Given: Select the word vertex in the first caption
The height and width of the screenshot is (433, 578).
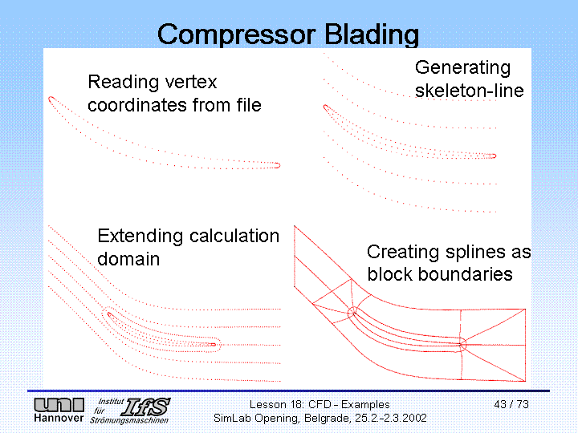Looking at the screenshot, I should coord(189,82).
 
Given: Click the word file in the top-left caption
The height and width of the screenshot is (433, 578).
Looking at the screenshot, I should coord(246,105).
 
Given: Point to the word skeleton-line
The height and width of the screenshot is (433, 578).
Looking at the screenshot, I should coord(469,91).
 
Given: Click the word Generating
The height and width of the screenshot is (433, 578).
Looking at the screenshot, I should coord(462,67).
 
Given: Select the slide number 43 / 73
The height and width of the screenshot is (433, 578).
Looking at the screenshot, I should coord(511,404).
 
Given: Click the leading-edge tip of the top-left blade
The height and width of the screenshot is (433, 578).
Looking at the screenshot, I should coord(50,99).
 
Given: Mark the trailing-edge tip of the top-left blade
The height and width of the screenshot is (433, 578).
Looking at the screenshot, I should coord(279,165).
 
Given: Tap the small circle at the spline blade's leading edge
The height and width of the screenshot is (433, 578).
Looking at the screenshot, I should coord(352,312).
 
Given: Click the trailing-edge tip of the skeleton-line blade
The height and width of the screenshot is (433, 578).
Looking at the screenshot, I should coord(495,156).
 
